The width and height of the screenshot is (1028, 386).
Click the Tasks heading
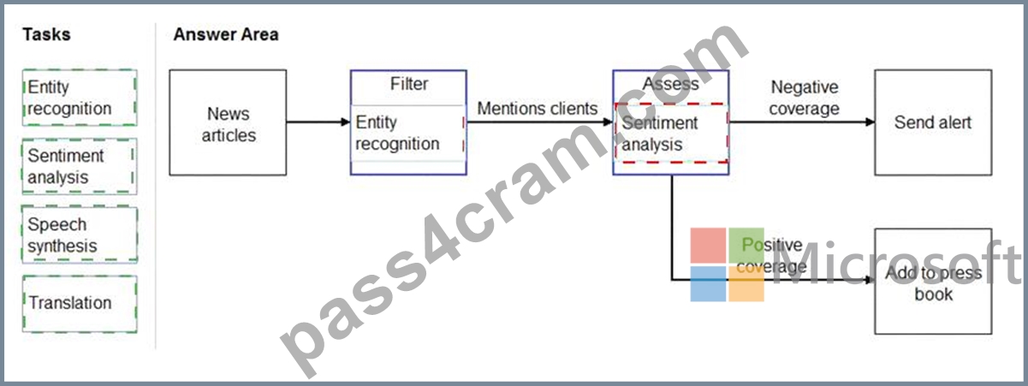(x=46, y=34)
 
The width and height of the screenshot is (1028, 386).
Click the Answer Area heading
(x=226, y=34)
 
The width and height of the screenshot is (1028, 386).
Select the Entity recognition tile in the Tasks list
(x=80, y=98)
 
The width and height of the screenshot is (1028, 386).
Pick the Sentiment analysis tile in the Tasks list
(x=80, y=167)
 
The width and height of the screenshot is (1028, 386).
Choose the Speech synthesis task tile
(x=80, y=235)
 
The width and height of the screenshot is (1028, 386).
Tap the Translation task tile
(x=80, y=304)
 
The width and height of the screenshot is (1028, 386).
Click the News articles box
(x=228, y=122)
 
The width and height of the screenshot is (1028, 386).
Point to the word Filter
(x=409, y=84)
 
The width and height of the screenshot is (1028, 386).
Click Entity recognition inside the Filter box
(x=397, y=134)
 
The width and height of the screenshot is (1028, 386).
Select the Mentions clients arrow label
(x=537, y=109)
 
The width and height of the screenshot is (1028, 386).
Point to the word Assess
(x=670, y=84)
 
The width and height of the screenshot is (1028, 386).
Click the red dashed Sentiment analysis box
(x=671, y=134)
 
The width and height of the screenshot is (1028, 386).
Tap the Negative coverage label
(x=804, y=98)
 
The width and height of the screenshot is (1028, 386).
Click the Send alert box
(x=933, y=122)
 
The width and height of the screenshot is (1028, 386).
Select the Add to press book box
(x=933, y=282)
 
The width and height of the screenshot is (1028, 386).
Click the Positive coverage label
(x=772, y=256)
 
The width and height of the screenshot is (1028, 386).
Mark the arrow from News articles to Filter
(x=318, y=122)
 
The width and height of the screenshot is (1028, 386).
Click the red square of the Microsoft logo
(x=708, y=246)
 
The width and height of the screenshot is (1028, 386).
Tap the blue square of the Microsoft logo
(x=708, y=284)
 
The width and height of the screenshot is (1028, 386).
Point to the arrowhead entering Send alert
(x=871, y=122)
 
